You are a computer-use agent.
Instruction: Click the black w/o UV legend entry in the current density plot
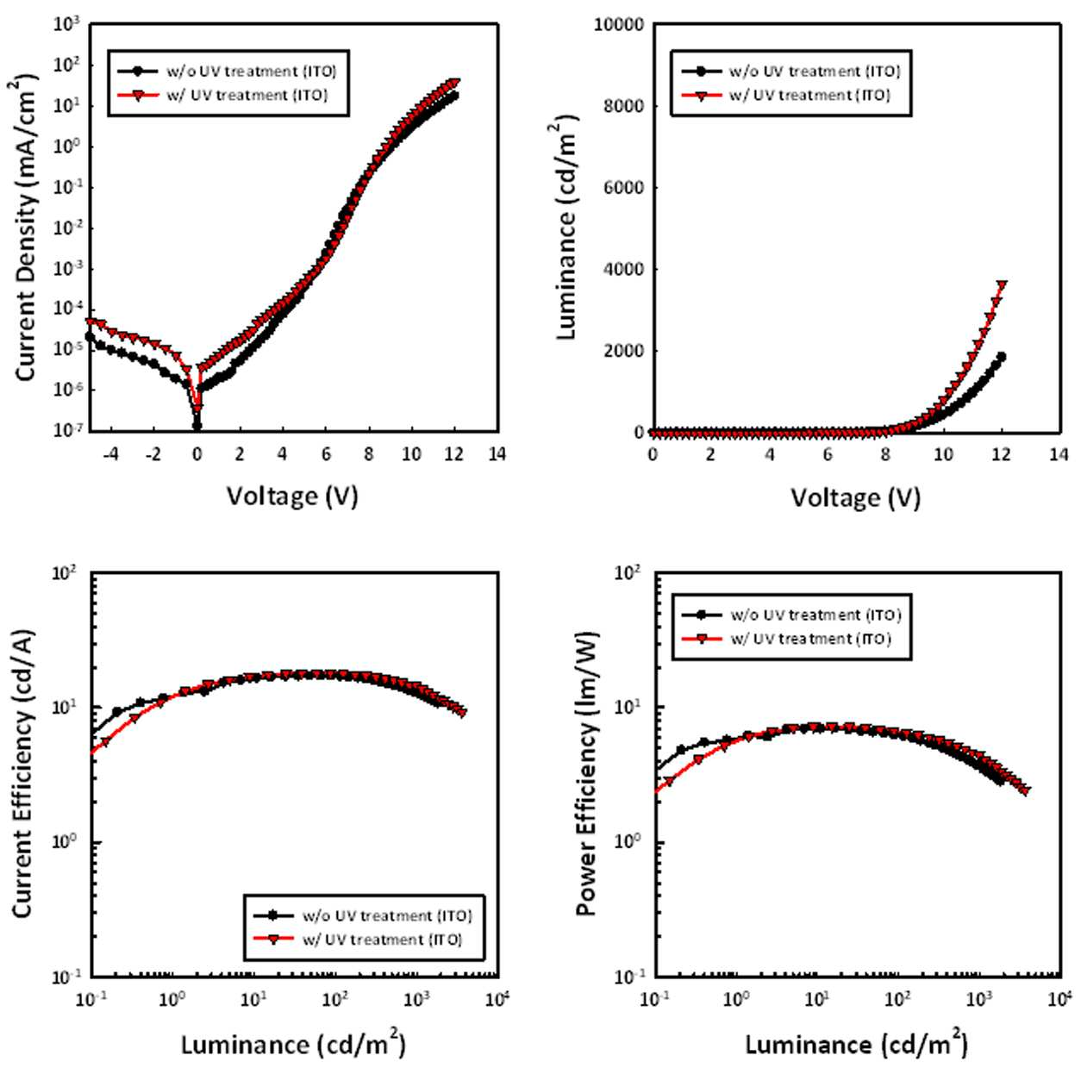tap(228, 72)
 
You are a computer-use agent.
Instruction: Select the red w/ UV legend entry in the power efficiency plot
tap(787, 639)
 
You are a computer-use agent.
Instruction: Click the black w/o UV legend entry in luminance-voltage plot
tap(791, 72)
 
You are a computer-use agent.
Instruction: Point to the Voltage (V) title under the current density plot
tap(292, 496)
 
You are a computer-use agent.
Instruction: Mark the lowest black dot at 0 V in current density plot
tap(197, 426)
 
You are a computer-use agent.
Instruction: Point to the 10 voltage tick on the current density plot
tap(411, 453)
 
